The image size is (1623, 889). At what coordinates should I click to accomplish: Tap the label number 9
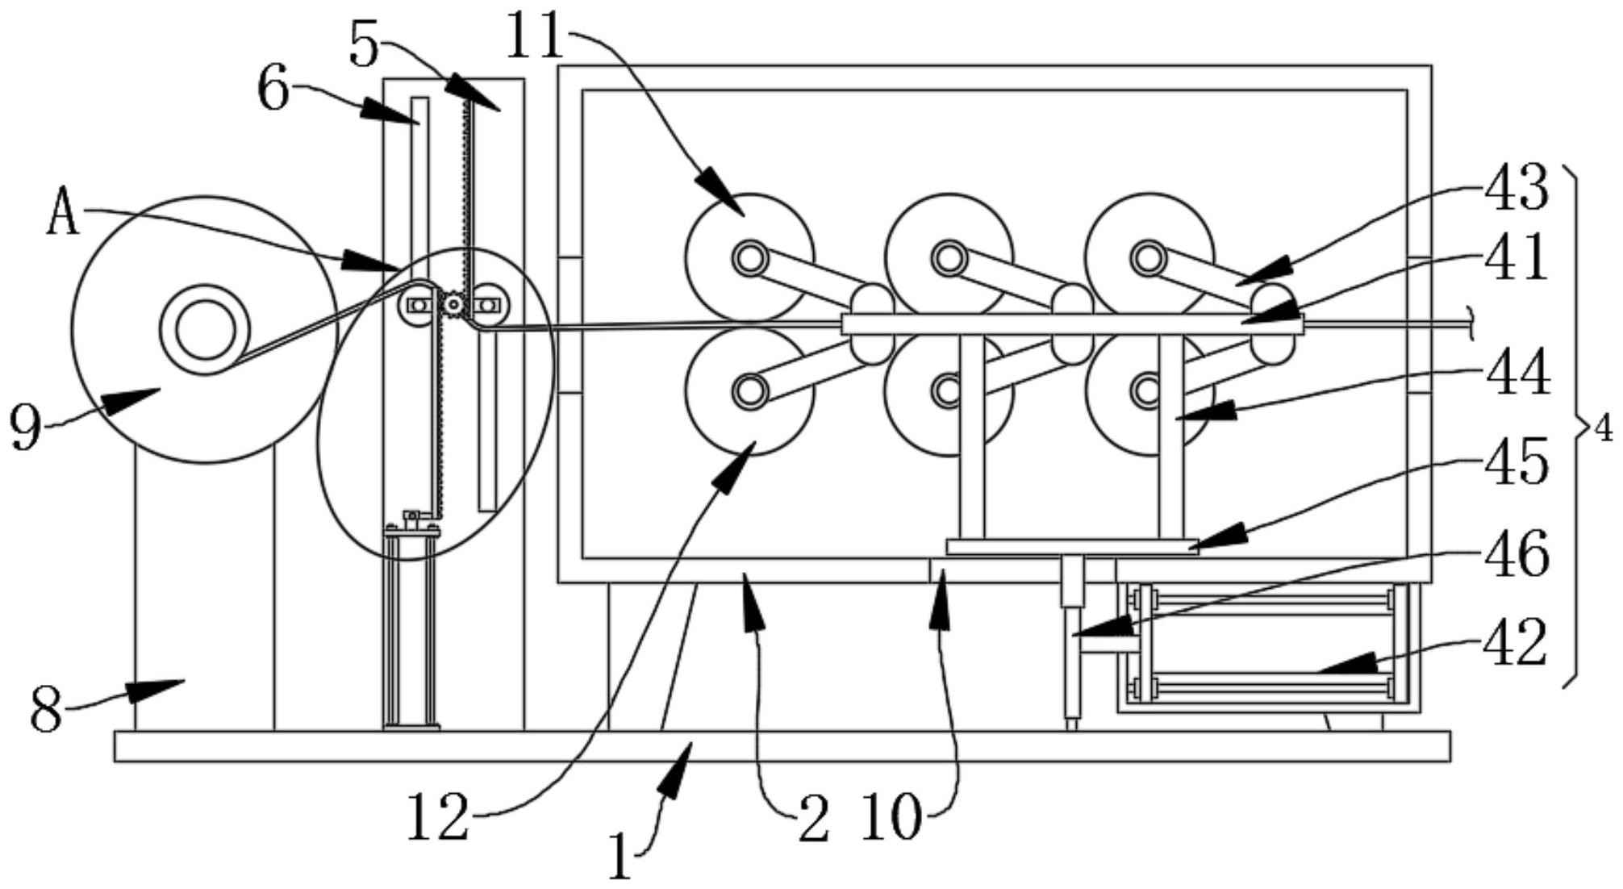(x=26, y=427)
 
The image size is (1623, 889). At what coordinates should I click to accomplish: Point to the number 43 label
(x=1517, y=188)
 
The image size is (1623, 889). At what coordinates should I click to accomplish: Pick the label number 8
(x=46, y=711)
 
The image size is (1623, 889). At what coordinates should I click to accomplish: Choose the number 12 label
(x=438, y=816)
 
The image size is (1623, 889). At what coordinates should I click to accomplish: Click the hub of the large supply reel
(x=206, y=329)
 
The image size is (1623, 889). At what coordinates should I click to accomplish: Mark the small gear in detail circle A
(x=454, y=305)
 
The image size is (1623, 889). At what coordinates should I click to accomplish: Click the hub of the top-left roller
(x=749, y=258)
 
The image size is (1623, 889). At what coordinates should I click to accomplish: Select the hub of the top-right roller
(x=1146, y=258)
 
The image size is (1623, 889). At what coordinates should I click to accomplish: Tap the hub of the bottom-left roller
(x=749, y=391)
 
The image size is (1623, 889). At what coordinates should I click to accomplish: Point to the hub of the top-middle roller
(x=949, y=258)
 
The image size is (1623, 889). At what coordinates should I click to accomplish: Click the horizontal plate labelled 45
(x=1072, y=547)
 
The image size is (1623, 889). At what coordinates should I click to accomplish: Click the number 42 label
(x=1517, y=643)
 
